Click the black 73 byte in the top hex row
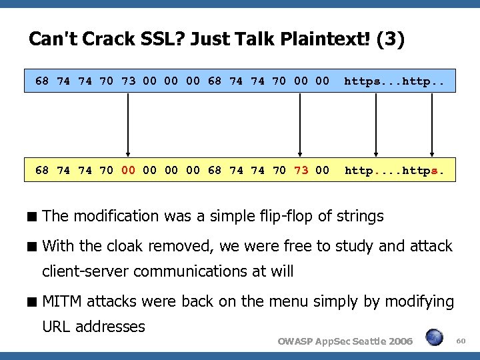pyautogui.click(x=128, y=82)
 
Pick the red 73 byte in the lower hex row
pyautogui.click(x=301, y=170)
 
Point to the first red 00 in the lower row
pyautogui.click(x=128, y=170)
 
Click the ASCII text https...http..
pyautogui.click(x=394, y=82)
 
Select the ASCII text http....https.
pyautogui.click(x=394, y=170)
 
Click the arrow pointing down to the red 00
pyautogui.click(x=128, y=123)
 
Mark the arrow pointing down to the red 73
pyautogui.click(x=301, y=123)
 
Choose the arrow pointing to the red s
pyautogui.click(x=434, y=123)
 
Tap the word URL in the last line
pyautogui.click(x=57, y=327)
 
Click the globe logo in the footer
pyautogui.click(x=435, y=339)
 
